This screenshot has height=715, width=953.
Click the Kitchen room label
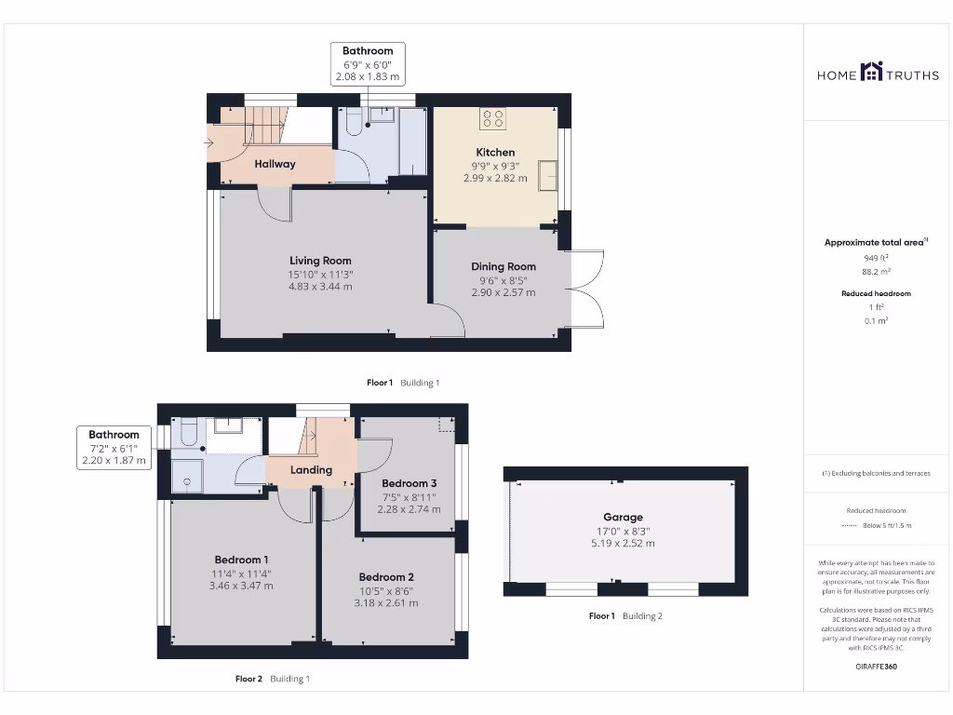(x=495, y=152)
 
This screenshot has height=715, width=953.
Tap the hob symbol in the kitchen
(x=492, y=118)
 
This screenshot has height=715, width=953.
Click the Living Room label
(x=320, y=261)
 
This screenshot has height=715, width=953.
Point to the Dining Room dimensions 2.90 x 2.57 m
(x=503, y=292)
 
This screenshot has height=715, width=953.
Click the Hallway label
(x=275, y=164)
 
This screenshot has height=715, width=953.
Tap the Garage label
(x=623, y=517)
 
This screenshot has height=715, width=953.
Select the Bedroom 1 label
(x=242, y=560)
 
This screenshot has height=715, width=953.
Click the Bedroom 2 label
(x=386, y=576)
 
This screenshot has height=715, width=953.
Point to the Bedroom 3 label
(x=409, y=483)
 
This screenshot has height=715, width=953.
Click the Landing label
(x=311, y=470)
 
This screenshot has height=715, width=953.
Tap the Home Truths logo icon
(x=871, y=72)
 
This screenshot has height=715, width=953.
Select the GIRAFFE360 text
(x=876, y=667)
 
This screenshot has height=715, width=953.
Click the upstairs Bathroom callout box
(x=114, y=447)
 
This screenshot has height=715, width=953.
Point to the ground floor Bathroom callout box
(x=368, y=64)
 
